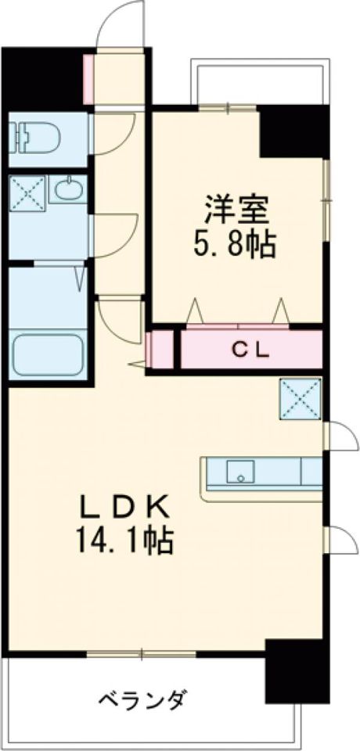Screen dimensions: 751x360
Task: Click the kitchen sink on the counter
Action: point(241,472)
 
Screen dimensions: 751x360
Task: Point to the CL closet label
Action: point(250,350)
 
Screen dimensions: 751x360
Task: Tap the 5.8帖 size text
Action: point(236,246)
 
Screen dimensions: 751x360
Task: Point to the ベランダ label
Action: point(142,698)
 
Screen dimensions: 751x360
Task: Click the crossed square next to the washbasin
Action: point(27,190)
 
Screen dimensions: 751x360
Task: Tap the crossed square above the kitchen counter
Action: point(301,397)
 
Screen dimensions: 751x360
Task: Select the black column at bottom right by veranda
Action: point(293,673)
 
